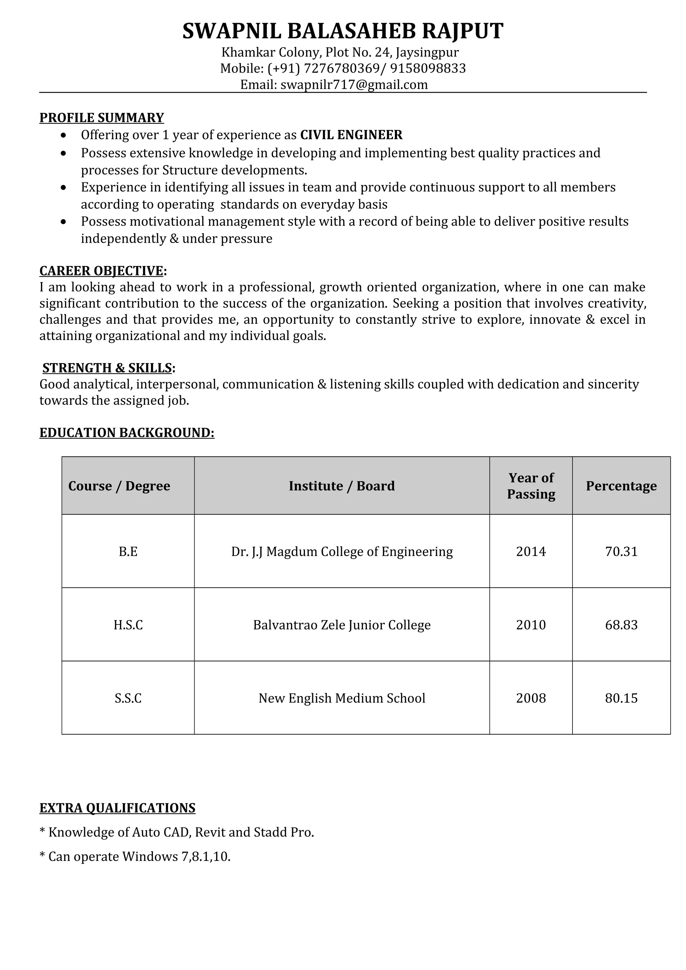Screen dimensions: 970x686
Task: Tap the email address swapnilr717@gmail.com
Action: coord(354,85)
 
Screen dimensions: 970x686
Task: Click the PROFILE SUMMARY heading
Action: coord(101,117)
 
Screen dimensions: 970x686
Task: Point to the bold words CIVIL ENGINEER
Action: coord(351,135)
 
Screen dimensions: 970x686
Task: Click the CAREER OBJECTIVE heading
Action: coord(101,270)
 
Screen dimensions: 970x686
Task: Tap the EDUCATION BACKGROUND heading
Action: coord(127,432)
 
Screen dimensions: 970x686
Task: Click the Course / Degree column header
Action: coord(119,486)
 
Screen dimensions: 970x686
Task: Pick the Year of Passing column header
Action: coord(531,486)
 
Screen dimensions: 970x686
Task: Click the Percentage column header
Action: coord(621,486)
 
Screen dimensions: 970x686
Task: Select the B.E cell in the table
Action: coord(128,552)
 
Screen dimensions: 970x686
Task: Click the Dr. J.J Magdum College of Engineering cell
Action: coord(342,552)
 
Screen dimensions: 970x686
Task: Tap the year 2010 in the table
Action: coord(531,625)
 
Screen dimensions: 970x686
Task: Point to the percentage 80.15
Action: coord(621,698)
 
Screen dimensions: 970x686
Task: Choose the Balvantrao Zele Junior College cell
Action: coord(342,625)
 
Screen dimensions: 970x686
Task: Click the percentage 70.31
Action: coord(621,552)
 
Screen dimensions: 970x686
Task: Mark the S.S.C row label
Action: coord(128,698)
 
